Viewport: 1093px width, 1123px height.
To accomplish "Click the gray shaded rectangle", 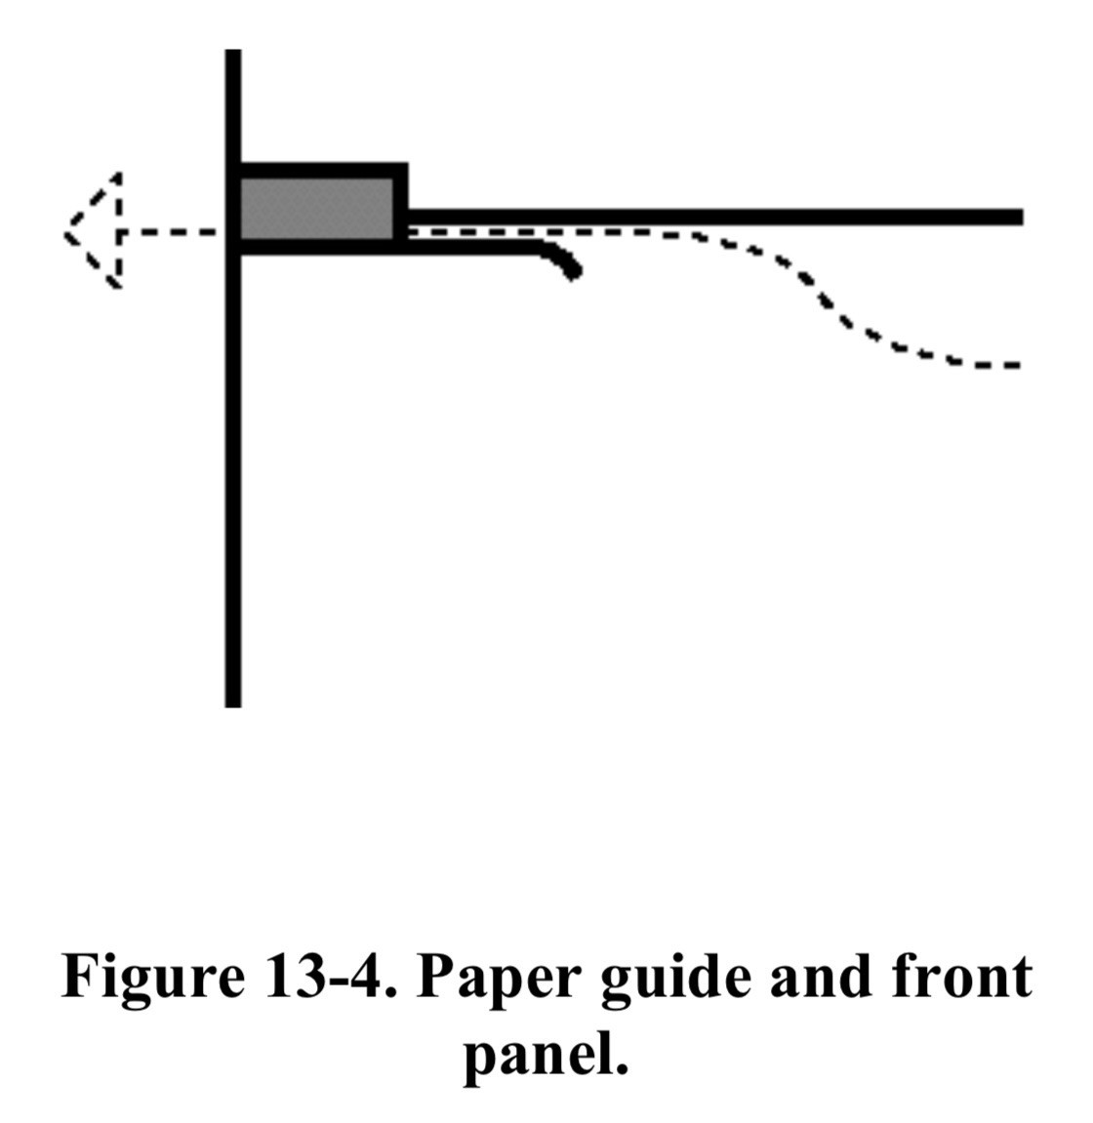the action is [x=316, y=208].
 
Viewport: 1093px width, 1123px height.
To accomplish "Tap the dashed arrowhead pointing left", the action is [x=93, y=230].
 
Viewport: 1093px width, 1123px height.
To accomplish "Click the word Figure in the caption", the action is [x=153, y=977].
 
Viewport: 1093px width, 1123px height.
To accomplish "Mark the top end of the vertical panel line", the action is [x=233, y=50].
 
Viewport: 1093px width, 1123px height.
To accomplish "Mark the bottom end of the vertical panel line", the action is [x=233, y=706].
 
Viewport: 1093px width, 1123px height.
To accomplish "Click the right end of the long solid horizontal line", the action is [x=1022, y=217].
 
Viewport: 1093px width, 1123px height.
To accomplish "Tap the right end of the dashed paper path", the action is [x=1017, y=365].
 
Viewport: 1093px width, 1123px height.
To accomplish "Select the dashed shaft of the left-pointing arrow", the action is [x=169, y=231].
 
